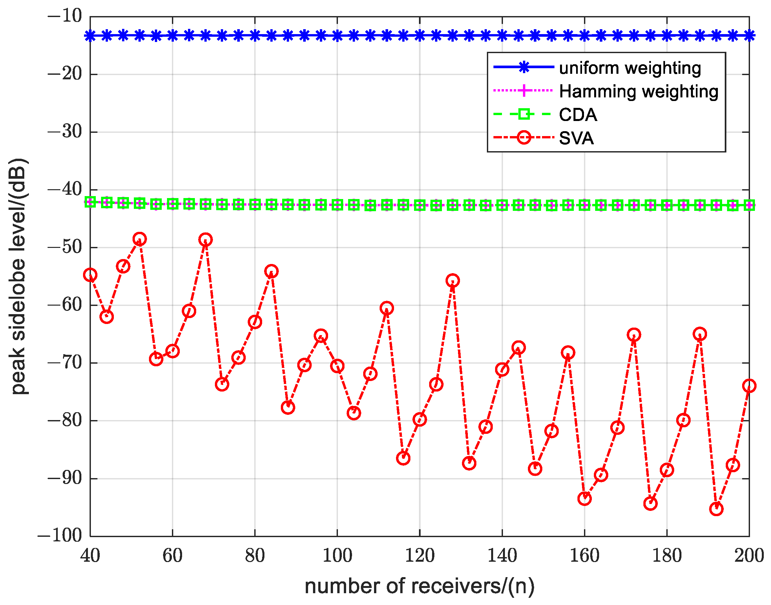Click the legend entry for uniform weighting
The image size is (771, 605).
pyautogui.click(x=630, y=68)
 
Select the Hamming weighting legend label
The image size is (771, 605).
pyautogui.click(x=638, y=91)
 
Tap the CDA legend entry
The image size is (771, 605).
pyautogui.click(x=578, y=115)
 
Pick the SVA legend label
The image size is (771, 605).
pyautogui.click(x=576, y=138)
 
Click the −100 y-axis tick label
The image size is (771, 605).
pyautogui.click(x=59, y=535)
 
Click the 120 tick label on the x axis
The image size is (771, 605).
pyautogui.click(x=420, y=555)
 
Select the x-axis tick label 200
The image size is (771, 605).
pyautogui.click(x=749, y=555)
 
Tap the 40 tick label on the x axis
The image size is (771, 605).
pyautogui.click(x=90, y=555)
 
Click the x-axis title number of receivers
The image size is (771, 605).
pyautogui.click(x=420, y=586)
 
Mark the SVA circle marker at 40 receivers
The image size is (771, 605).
pyautogui.click(x=90, y=275)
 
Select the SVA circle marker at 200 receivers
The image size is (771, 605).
pyautogui.click(x=749, y=386)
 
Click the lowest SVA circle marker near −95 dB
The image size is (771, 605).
pyautogui.click(x=716, y=509)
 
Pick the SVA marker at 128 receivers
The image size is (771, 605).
pyautogui.click(x=452, y=281)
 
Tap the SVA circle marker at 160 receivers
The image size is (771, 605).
pyautogui.click(x=584, y=499)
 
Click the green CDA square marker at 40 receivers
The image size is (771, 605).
pyautogui.click(x=90, y=202)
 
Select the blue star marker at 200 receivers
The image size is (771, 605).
pyautogui.click(x=749, y=35)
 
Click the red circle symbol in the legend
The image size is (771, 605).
pyautogui.click(x=524, y=137)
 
